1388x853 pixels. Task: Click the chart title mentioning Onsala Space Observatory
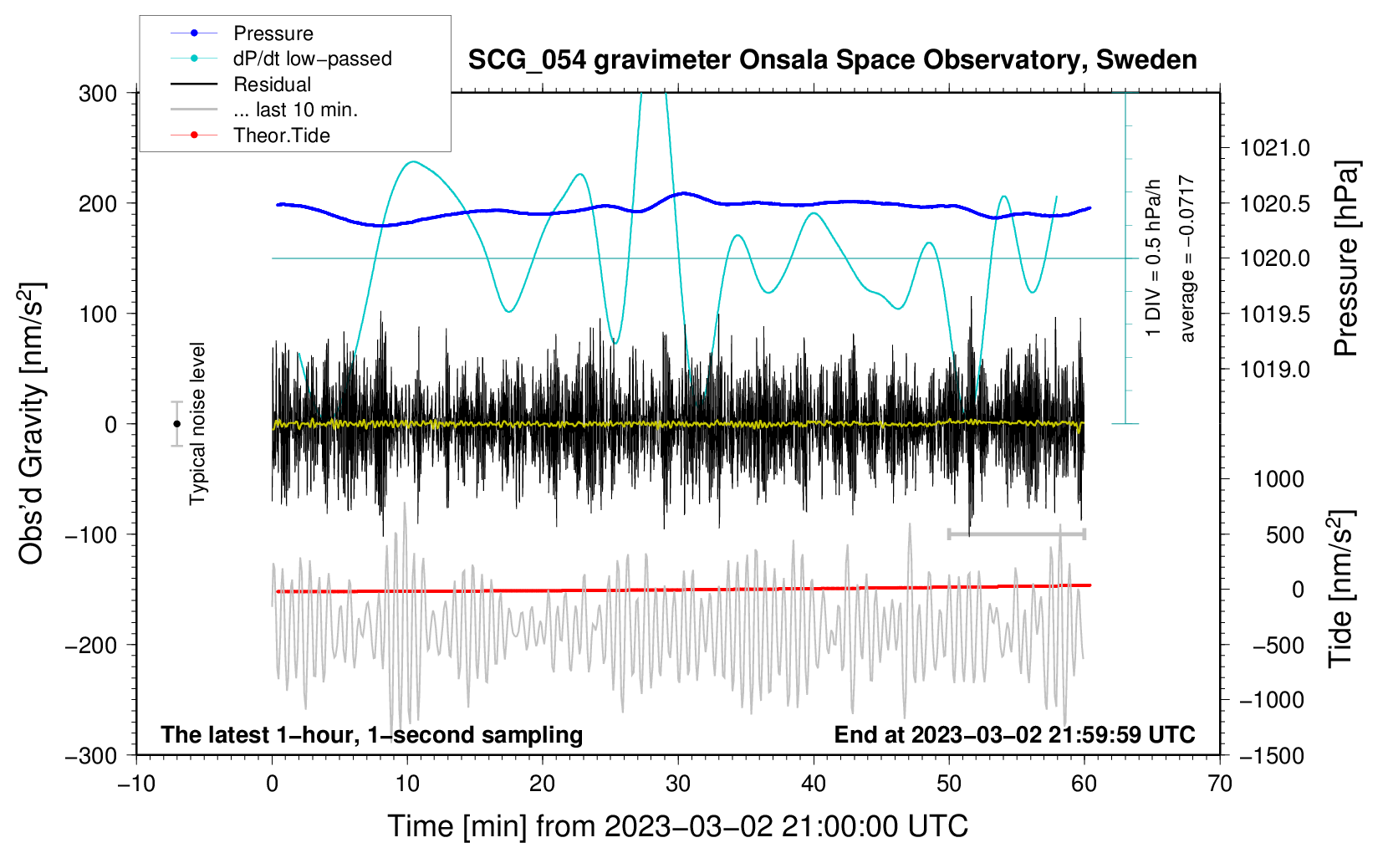[x=832, y=60]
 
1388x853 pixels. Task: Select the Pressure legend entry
[x=273, y=33]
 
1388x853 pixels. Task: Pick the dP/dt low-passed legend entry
[x=312, y=59]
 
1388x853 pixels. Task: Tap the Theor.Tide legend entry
[x=281, y=135]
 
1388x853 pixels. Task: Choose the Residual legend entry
[x=272, y=84]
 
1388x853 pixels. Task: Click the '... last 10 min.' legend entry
[x=295, y=110]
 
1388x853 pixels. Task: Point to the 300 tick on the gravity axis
[x=98, y=93]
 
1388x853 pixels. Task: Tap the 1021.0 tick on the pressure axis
[x=1274, y=148]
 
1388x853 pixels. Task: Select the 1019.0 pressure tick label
[x=1274, y=369]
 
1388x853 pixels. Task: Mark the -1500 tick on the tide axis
[x=1271, y=755]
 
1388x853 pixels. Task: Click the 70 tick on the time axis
[x=1220, y=784]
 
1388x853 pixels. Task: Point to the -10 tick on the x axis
[x=136, y=784]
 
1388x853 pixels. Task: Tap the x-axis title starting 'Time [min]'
[x=677, y=826]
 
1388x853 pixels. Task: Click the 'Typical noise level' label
[x=197, y=423]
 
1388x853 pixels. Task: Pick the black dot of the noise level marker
[x=176, y=424]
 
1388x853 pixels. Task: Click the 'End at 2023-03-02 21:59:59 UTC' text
[x=1014, y=734]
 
